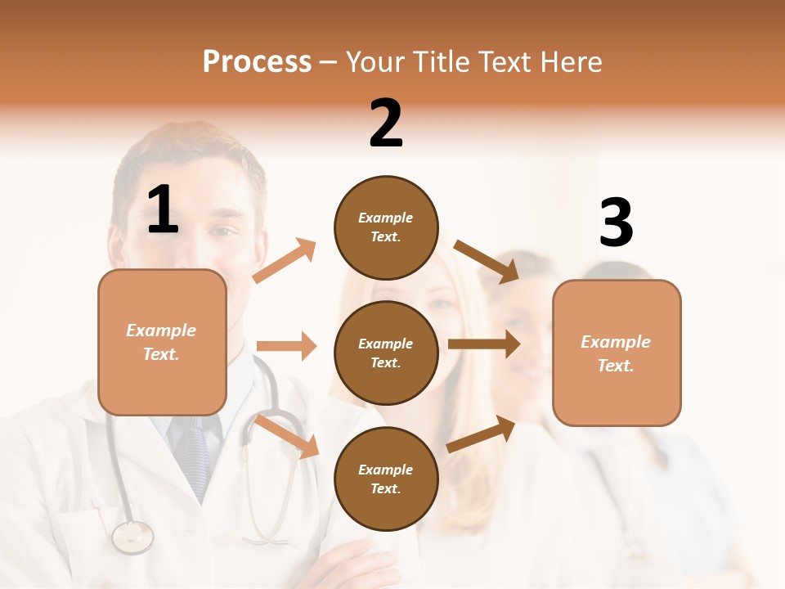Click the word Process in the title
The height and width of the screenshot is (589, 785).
(257, 61)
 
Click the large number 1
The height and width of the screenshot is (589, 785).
(163, 210)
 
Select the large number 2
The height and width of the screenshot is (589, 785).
(386, 124)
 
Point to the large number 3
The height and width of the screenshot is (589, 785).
(616, 223)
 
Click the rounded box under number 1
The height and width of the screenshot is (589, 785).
(162, 342)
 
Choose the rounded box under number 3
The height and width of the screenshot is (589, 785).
(617, 353)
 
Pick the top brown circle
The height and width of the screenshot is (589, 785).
(386, 227)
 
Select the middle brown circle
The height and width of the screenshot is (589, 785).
(386, 353)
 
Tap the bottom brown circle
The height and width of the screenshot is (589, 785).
(386, 479)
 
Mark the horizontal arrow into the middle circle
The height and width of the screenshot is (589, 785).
(286, 346)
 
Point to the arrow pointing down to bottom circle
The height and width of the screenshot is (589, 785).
(287, 435)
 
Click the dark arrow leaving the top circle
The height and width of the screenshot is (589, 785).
(487, 261)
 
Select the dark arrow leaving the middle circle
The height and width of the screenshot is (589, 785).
(484, 344)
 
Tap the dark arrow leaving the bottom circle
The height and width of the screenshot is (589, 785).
(482, 434)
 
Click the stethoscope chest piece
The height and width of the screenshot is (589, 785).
(132, 537)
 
